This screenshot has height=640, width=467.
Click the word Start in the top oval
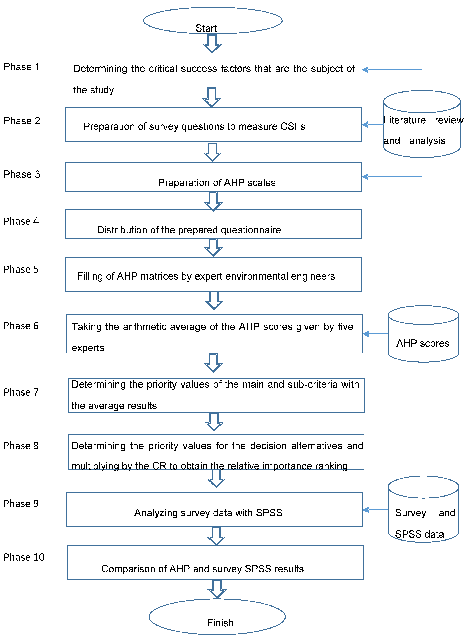point(206,28)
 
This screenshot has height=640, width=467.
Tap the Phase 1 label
point(22,67)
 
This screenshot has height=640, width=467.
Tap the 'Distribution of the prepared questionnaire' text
point(189,230)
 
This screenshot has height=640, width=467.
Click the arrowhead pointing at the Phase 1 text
point(365,70)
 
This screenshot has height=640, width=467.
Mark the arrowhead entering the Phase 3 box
point(365,177)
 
